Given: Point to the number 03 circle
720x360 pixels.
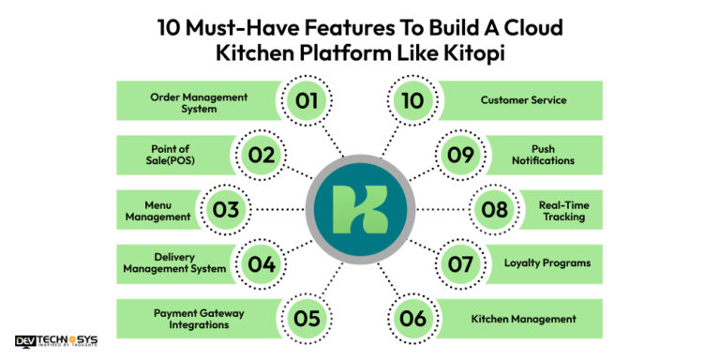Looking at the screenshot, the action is coord(226,209).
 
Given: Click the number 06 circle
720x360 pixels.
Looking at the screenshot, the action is coord(412,319).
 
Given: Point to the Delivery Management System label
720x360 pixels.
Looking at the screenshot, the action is coord(174,263).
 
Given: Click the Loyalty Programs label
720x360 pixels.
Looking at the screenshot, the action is coord(549,263).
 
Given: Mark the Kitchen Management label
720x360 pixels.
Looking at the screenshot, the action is coord(523,319).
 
